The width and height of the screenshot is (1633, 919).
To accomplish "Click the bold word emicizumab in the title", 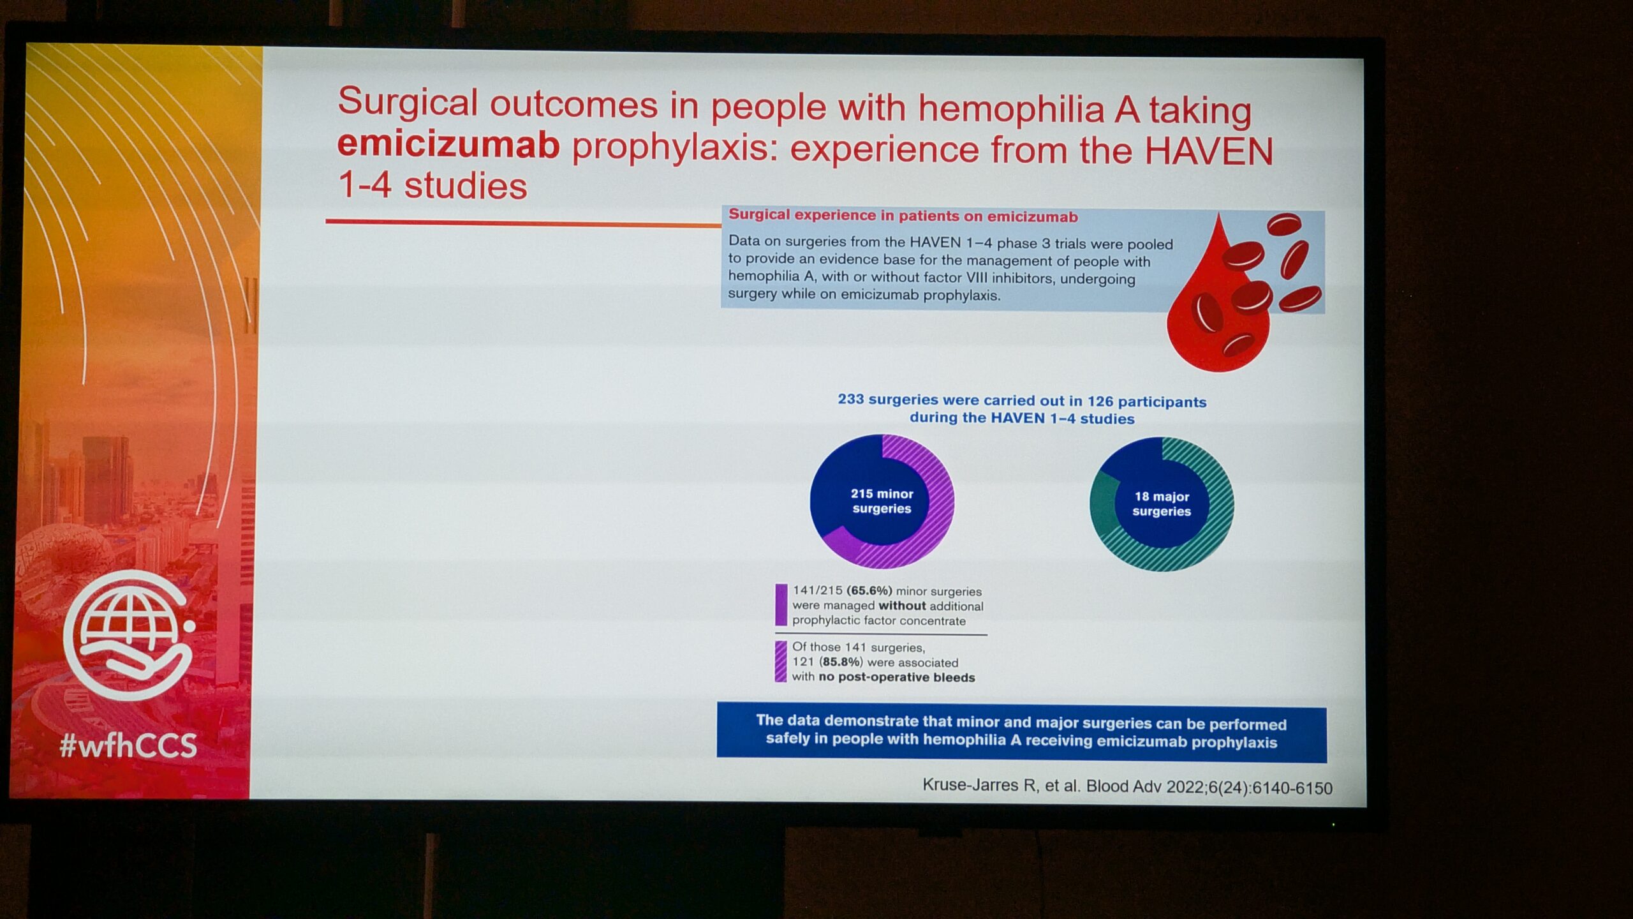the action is click(x=448, y=145).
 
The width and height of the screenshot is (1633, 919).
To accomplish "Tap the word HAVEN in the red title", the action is click(x=1208, y=151).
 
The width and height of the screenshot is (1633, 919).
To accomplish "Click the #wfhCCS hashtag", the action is click(x=128, y=745).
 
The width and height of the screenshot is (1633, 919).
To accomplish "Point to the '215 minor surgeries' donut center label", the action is click(x=882, y=501).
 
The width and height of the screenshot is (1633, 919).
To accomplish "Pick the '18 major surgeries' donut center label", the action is click(x=1162, y=504).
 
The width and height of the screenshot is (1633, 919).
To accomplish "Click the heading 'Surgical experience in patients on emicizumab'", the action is click(x=903, y=216).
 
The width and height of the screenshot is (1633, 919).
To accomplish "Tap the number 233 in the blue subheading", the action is click(x=850, y=400).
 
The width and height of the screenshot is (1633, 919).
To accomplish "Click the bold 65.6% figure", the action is click(x=869, y=591).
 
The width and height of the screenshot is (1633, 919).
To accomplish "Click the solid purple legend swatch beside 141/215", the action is click(x=781, y=604).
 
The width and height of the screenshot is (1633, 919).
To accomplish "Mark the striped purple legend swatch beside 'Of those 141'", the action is click(x=780, y=662).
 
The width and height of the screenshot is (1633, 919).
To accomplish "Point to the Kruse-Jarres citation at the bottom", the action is click(x=1127, y=786).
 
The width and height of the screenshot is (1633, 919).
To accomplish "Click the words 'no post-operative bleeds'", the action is click(x=897, y=677).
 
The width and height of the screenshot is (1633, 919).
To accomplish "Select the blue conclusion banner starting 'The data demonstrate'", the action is click(x=1021, y=733).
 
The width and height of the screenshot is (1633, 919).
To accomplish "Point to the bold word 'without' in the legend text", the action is click(x=902, y=606).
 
